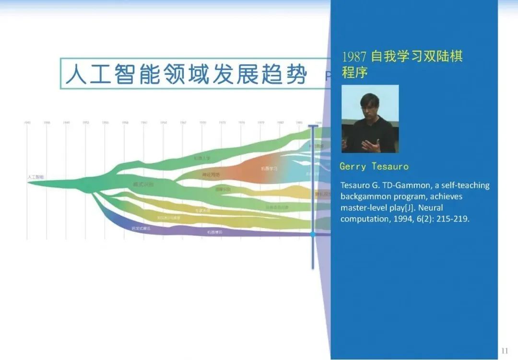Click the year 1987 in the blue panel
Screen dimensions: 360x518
pos(354,57)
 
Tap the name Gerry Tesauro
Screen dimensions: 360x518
pos(374,167)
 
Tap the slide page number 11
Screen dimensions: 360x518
pos(504,351)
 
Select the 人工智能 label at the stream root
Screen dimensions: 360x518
pos(35,177)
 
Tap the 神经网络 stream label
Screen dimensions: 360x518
pos(211,175)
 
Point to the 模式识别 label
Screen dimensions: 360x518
pos(143,184)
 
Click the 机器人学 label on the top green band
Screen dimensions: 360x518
pos(202,158)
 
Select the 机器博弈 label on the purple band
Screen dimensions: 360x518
pos(215,232)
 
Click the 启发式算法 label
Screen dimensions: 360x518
pos(141,229)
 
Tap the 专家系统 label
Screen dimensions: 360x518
pos(202,210)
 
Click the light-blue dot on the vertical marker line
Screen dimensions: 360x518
pos(313,234)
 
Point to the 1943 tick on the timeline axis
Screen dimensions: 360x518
pos(27,123)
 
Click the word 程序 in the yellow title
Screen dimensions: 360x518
pos(354,73)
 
